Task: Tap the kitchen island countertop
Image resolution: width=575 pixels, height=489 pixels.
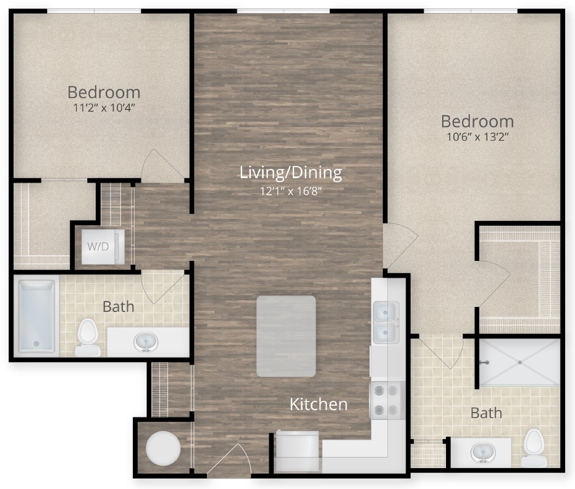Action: pos(286,336)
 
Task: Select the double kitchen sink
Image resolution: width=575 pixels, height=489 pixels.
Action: pos(386,322)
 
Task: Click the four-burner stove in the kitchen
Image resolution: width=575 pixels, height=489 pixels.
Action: pos(386,400)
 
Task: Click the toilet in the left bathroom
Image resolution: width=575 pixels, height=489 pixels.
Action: pos(88,337)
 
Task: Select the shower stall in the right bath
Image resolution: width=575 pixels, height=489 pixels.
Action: pos(519,362)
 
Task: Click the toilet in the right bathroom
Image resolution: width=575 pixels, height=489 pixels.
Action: pos(533,448)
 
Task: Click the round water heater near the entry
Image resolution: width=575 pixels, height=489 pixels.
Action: pos(163,448)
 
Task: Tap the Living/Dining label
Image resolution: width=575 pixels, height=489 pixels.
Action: pos(290,173)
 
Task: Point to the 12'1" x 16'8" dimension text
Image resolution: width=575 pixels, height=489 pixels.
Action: pos(290,191)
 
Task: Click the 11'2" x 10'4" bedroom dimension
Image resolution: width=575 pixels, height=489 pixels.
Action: pos(103,107)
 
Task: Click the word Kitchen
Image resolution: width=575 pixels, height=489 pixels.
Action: pos(319,405)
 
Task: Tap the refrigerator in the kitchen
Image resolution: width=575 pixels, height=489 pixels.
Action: pos(298,451)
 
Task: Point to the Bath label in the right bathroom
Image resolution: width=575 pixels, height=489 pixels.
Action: pos(486,413)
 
